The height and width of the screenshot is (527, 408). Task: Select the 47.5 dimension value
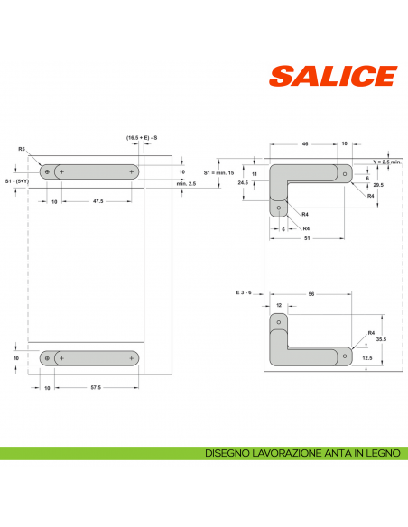click(97, 202)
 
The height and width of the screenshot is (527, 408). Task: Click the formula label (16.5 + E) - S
click(143, 137)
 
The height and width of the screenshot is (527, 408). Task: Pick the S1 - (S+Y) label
click(16, 180)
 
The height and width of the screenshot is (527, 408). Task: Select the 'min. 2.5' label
click(186, 183)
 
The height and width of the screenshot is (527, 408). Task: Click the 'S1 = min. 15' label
click(218, 171)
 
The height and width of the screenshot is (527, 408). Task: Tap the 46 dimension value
click(305, 143)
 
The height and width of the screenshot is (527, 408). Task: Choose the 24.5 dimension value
click(243, 182)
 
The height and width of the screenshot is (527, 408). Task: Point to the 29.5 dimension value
click(378, 184)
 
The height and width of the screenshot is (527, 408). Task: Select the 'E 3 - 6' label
click(246, 293)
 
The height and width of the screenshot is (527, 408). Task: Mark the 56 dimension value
click(311, 293)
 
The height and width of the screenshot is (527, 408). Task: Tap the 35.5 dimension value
click(380, 339)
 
